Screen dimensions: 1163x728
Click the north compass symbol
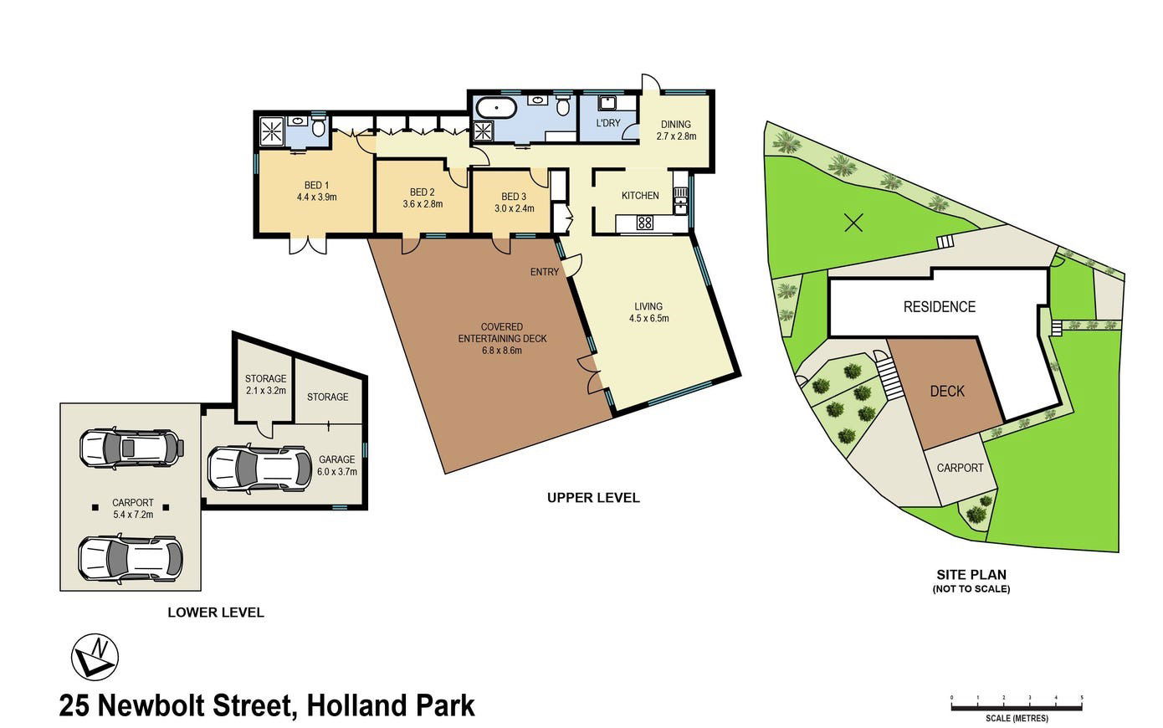pyautogui.click(x=95, y=657)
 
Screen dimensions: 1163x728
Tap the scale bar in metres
pyautogui.click(x=1017, y=706)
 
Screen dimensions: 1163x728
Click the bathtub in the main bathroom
pyautogui.click(x=497, y=108)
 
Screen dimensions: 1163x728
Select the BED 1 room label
pyautogui.click(x=317, y=186)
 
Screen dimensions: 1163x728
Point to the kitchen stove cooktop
pyautogui.click(x=645, y=223)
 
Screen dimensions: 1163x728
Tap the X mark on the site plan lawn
pyautogui.click(x=853, y=223)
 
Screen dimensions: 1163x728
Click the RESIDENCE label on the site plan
pyautogui.click(x=940, y=307)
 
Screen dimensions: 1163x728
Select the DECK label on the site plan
pyautogui.click(x=947, y=391)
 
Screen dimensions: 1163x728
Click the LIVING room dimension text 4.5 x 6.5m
pyautogui.click(x=649, y=318)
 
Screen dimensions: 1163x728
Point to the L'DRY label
pyautogui.click(x=608, y=123)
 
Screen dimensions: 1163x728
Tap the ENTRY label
pyautogui.click(x=545, y=272)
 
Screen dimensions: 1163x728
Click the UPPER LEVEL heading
pyautogui.click(x=593, y=497)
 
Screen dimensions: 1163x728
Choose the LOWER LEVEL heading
pyautogui.click(x=216, y=613)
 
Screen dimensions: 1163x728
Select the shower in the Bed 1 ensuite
pyautogui.click(x=272, y=131)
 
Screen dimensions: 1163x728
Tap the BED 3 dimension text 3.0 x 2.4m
pyautogui.click(x=515, y=208)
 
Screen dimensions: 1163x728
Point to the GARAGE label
pyautogui.click(x=337, y=459)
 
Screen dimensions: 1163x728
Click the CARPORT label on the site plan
pyautogui.click(x=960, y=468)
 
